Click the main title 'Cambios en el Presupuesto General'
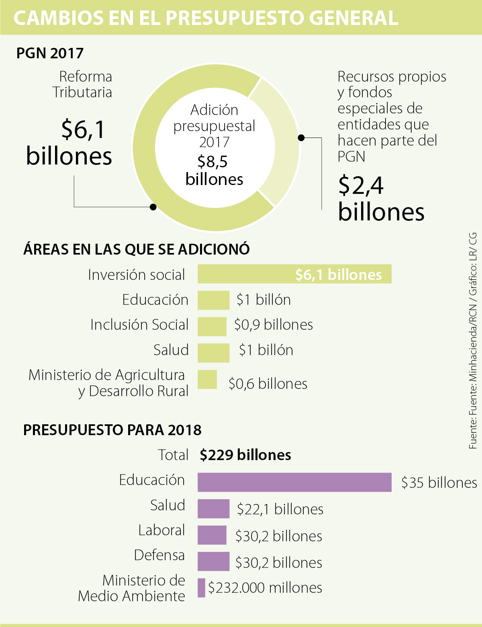click(x=206, y=18)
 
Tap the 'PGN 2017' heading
click(x=50, y=53)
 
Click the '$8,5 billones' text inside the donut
click(x=214, y=171)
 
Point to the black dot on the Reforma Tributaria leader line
click(x=153, y=207)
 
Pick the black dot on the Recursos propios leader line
click(x=301, y=138)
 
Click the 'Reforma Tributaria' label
click(x=82, y=84)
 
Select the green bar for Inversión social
click(x=294, y=274)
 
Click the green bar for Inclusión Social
click(x=212, y=326)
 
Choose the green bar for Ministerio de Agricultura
click(x=207, y=379)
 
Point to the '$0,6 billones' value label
click(x=268, y=384)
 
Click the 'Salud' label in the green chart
click(x=171, y=350)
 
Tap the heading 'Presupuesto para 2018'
click(x=112, y=430)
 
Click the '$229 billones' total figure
click(x=245, y=455)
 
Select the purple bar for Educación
click(x=294, y=482)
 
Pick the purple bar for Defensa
click(x=213, y=561)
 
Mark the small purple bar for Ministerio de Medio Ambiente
click(x=201, y=588)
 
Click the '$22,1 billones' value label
click(x=280, y=509)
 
